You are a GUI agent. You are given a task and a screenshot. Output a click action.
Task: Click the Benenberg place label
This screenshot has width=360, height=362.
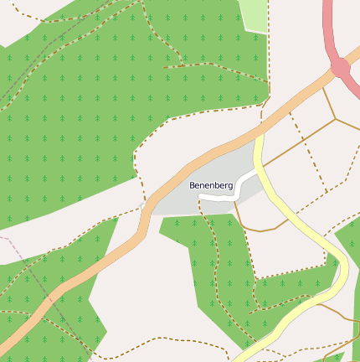click(210, 184)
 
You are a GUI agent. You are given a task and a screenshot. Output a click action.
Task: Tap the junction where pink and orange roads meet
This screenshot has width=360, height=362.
click(341, 69)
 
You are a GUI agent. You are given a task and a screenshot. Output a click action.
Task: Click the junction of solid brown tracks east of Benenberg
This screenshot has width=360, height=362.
click(336, 118)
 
